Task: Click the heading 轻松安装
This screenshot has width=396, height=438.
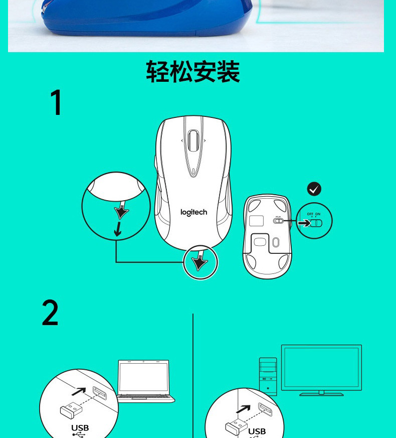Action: click(193, 72)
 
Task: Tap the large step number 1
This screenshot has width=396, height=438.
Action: click(56, 102)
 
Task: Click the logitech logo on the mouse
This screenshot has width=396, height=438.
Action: click(193, 213)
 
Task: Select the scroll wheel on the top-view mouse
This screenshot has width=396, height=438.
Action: click(193, 140)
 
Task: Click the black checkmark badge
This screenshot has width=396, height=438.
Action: click(314, 189)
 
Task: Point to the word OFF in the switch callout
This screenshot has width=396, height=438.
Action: click(310, 214)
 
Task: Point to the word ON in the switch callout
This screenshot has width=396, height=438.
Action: click(318, 214)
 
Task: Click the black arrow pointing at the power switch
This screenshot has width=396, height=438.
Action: click(304, 223)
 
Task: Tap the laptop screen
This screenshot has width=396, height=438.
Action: click(143, 377)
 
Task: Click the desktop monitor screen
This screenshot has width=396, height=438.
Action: click(321, 367)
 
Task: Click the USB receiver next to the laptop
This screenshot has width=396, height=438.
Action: click(71, 410)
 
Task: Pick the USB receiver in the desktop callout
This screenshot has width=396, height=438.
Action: click(236, 427)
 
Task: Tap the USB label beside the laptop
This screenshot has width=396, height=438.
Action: click(80, 427)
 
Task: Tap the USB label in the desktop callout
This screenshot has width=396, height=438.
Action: click(257, 431)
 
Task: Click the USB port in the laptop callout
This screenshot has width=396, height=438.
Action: click(100, 393)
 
